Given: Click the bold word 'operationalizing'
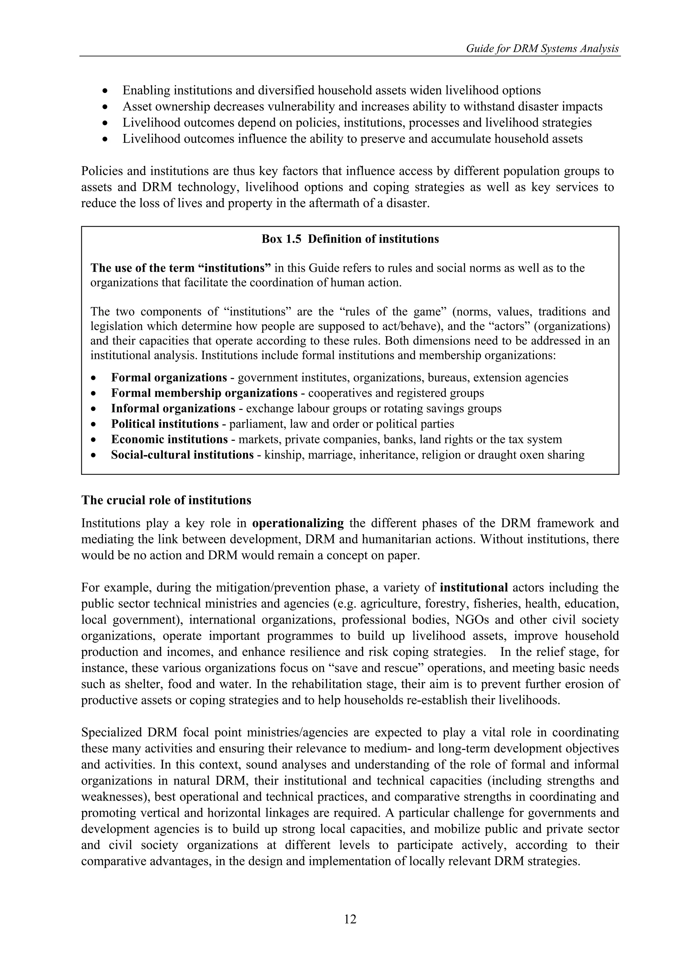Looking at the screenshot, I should tap(298, 523).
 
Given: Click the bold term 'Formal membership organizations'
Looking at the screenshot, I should tap(204, 393).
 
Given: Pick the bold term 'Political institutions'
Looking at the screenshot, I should tap(165, 424).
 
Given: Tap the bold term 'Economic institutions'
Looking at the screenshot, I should tap(169, 439).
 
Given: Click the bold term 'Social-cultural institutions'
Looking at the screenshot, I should tap(182, 455).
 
